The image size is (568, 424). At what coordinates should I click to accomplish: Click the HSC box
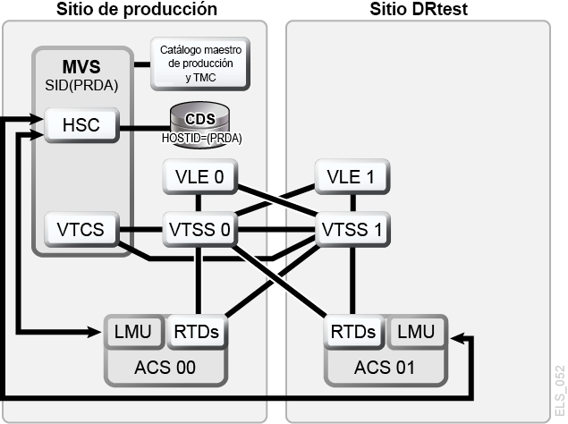(x=81, y=125)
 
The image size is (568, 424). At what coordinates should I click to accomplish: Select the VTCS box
(x=81, y=230)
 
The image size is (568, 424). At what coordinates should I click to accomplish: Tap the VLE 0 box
(x=200, y=177)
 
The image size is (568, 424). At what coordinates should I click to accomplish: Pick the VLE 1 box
(x=352, y=177)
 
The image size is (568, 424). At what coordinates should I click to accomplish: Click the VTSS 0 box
(x=200, y=230)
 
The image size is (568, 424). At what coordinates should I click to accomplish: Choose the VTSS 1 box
(x=352, y=230)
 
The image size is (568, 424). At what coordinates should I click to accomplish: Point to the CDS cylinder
(x=200, y=124)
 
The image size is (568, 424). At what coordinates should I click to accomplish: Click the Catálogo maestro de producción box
(x=200, y=64)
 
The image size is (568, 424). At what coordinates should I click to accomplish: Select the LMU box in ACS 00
(x=133, y=332)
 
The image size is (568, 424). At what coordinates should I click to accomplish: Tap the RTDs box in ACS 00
(x=197, y=332)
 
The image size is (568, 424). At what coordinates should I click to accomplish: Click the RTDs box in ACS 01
(x=353, y=332)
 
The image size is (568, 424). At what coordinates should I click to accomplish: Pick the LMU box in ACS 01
(x=416, y=332)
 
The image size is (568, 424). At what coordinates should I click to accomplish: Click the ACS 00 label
(x=165, y=368)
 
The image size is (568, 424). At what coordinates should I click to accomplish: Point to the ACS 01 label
(x=385, y=368)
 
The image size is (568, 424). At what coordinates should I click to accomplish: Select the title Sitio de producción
(x=137, y=9)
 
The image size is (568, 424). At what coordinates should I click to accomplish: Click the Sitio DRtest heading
(x=419, y=9)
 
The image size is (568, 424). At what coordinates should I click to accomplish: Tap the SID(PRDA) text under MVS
(x=81, y=86)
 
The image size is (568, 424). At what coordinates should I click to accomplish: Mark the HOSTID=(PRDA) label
(x=202, y=138)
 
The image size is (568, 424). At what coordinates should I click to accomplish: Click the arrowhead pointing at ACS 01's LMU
(x=457, y=338)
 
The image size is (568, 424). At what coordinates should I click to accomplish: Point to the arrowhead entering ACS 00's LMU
(x=94, y=331)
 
